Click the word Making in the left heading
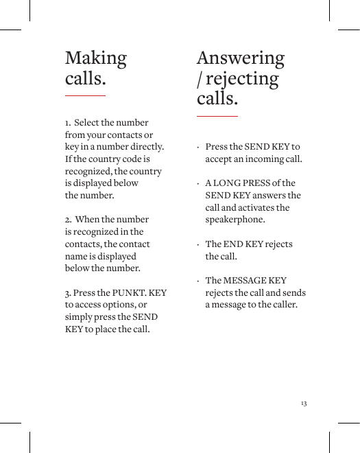coord(96,59)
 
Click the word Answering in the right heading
coord(240,58)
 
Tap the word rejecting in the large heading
coord(241,79)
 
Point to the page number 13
coord(303,403)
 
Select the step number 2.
coord(67,220)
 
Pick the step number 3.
coord(67,293)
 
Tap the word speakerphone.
coord(235,220)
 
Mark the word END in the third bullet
coord(234,244)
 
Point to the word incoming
coord(265,159)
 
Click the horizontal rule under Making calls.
coord(85,95)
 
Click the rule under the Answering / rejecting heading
coord(217,117)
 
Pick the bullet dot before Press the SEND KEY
coord(197,148)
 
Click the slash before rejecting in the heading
coord(200,80)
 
